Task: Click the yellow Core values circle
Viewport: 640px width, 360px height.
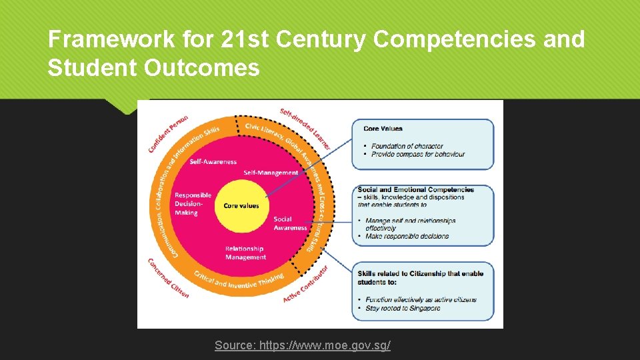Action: (241, 205)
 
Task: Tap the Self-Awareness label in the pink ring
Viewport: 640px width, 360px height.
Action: (213, 161)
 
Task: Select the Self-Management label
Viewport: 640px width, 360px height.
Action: (271, 173)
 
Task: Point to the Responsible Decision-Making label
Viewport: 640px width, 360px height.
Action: (193, 204)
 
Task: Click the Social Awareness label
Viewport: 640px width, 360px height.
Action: (290, 223)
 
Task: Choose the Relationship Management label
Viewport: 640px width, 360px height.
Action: (245, 253)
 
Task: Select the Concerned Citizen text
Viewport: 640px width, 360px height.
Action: (168, 278)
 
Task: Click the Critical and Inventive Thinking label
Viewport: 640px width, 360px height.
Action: (239, 280)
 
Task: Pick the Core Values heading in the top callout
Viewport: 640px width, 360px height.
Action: (383, 128)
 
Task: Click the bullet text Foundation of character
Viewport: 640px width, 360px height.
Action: (407, 146)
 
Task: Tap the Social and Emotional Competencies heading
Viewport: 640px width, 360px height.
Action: (415, 190)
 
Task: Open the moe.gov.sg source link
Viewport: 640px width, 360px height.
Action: (302, 345)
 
